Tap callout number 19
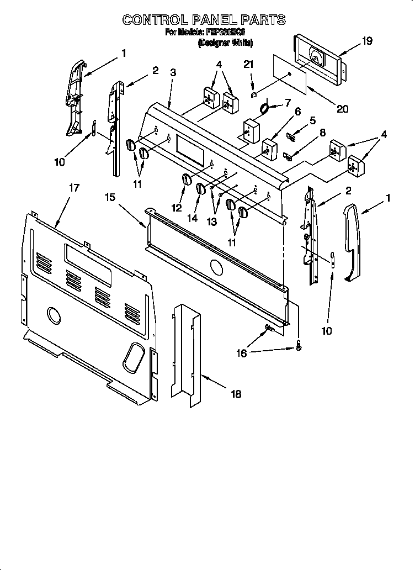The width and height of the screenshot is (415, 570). (x=352, y=40)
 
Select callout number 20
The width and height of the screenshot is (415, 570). (x=342, y=109)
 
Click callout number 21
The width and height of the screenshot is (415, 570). (x=249, y=65)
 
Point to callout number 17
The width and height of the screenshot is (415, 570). (x=73, y=188)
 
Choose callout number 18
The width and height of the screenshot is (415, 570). (x=236, y=394)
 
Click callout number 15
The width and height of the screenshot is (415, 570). (x=110, y=197)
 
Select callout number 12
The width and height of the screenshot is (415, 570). (x=177, y=208)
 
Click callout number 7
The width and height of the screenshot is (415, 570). (x=287, y=103)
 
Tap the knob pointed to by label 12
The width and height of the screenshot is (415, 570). (x=186, y=180)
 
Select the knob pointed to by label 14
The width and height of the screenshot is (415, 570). (x=200, y=188)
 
